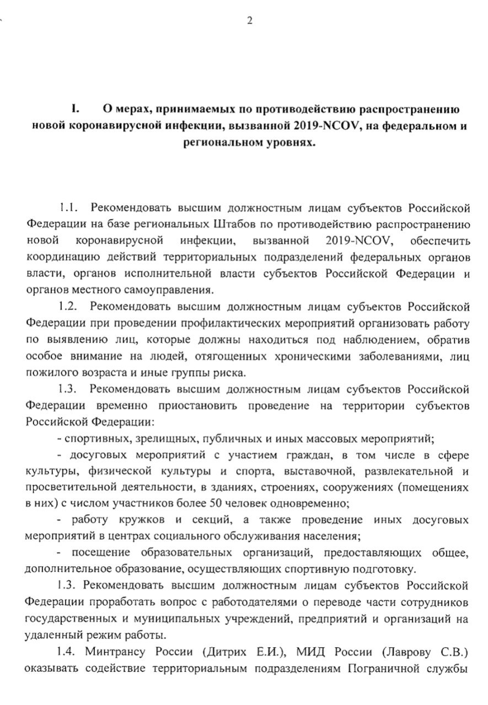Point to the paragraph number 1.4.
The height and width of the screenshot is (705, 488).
coord(67,653)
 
